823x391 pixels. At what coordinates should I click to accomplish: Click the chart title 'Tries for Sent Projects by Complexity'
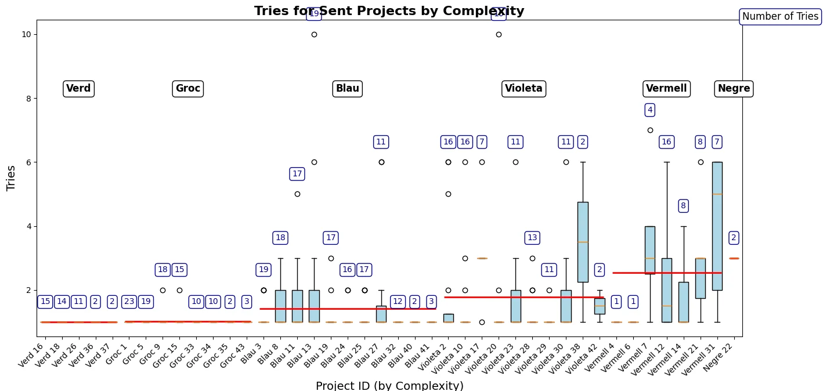pyautogui.click(x=389, y=11)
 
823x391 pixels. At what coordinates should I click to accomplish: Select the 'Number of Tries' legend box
pyautogui.click(x=780, y=17)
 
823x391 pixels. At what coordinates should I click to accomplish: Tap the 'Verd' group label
pyautogui.click(x=78, y=89)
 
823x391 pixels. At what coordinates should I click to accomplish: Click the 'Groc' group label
pyautogui.click(x=187, y=89)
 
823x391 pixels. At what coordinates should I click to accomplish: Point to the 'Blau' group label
pyautogui.click(x=347, y=89)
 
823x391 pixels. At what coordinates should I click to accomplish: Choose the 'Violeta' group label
pyautogui.click(x=524, y=89)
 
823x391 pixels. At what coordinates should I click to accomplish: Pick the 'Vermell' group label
pyautogui.click(x=666, y=89)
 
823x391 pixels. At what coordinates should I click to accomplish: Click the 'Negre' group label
pyautogui.click(x=734, y=89)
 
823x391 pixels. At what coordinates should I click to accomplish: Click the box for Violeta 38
pyautogui.click(x=583, y=242)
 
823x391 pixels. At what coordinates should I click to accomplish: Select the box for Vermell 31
pyautogui.click(x=717, y=226)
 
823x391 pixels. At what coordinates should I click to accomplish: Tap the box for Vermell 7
pyautogui.click(x=650, y=249)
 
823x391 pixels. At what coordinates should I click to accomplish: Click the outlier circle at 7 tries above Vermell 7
pyautogui.click(x=650, y=130)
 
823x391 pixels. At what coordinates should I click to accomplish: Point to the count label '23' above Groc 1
pyautogui.click(x=129, y=302)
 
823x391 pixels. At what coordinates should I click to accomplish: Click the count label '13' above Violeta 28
pyautogui.click(x=532, y=238)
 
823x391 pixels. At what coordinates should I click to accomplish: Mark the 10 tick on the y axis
pyautogui.click(x=27, y=34)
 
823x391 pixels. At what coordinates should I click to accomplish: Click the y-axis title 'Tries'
pyautogui.click(x=11, y=178)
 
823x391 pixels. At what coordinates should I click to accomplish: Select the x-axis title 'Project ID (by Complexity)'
pyautogui.click(x=389, y=386)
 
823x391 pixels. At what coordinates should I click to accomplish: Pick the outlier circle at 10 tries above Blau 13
pyautogui.click(x=314, y=34)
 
